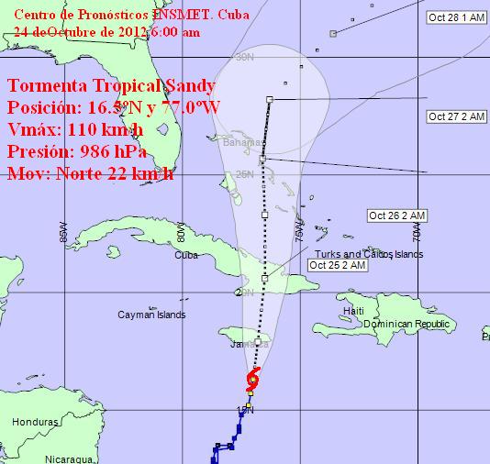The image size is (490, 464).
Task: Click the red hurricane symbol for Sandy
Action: pyautogui.click(x=254, y=378)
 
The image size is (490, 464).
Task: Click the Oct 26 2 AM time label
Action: pyautogui.click(x=397, y=215)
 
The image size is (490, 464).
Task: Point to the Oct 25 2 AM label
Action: pyautogui.click(x=338, y=265)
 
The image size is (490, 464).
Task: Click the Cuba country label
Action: pyautogui.click(x=185, y=255)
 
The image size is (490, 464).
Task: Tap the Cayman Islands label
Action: pyautogui.click(x=151, y=315)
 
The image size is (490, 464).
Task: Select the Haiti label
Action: pyautogui.click(x=353, y=312)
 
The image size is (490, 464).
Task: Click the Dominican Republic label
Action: pyautogui.click(x=410, y=325)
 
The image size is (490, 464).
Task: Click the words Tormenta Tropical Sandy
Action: pyautogui.click(x=111, y=87)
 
